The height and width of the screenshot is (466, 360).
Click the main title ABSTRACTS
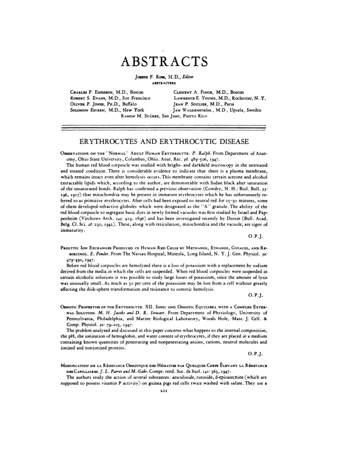[164, 62]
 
